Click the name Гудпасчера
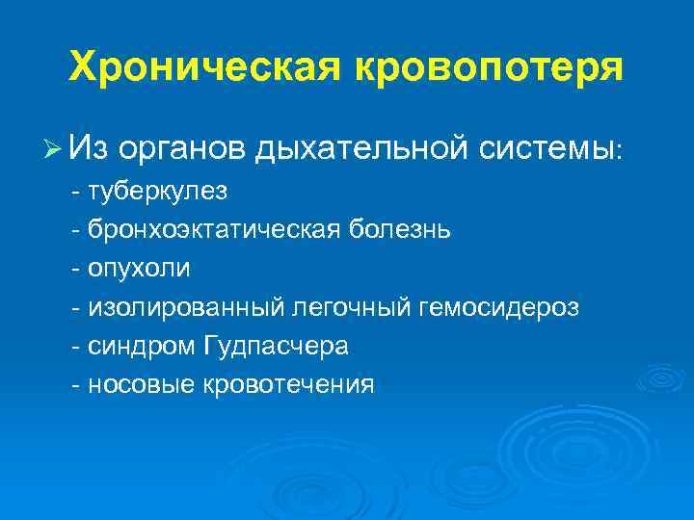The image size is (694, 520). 277,345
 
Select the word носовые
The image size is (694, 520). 142,383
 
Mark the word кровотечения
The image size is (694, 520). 288,383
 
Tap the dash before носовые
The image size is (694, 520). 76,383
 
